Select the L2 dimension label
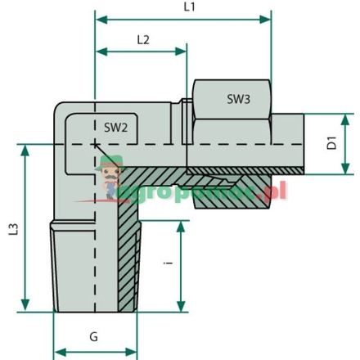click(x=143, y=38)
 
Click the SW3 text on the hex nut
click(x=239, y=99)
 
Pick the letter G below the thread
click(x=93, y=335)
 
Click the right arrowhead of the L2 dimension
click(x=184, y=52)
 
